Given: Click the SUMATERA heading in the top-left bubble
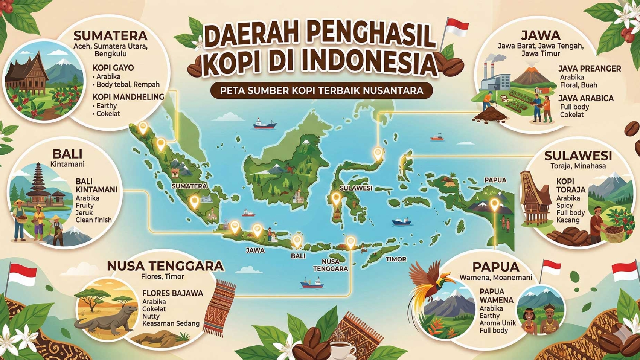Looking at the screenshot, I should point(110,36).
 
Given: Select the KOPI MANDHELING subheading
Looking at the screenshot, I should point(128,97).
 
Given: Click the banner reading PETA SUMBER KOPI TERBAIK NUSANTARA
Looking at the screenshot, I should point(322,91).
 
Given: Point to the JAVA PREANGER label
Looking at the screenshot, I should point(589,69).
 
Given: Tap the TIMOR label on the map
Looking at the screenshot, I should point(396,259).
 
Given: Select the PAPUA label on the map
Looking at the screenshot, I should point(495,180).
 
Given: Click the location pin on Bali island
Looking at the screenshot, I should point(297,241).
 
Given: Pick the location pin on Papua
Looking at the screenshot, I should point(494,205).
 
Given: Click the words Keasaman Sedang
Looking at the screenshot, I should point(171,323).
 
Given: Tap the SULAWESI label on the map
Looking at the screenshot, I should point(355,188).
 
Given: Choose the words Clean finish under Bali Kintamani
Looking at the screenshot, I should point(93,220).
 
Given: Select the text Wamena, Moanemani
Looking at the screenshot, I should point(495,278).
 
